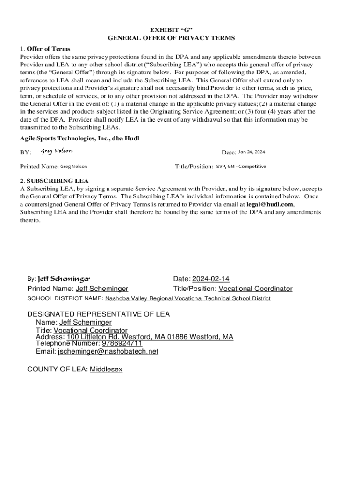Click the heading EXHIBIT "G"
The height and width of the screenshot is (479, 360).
tap(171, 29)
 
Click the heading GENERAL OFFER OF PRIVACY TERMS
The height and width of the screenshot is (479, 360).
tap(171, 38)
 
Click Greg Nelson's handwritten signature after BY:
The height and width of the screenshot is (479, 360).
tap(57, 151)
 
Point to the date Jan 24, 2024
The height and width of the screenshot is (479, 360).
tap(252, 152)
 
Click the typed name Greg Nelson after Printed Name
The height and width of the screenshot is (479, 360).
tap(73, 167)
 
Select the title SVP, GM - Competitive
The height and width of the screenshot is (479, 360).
tap(241, 167)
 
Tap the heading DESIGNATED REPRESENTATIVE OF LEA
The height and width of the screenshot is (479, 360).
tap(99, 314)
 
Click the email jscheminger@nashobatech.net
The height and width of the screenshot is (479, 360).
tap(108, 351)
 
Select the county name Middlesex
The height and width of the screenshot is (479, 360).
tap(106, 369)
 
